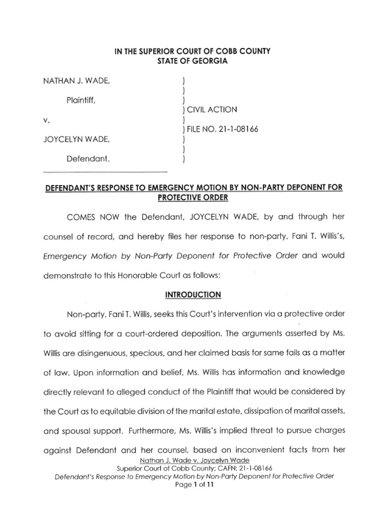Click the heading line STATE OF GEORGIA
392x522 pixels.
195,62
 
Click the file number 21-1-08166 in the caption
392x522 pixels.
237,129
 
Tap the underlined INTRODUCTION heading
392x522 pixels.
196,295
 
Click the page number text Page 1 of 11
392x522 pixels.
195,485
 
